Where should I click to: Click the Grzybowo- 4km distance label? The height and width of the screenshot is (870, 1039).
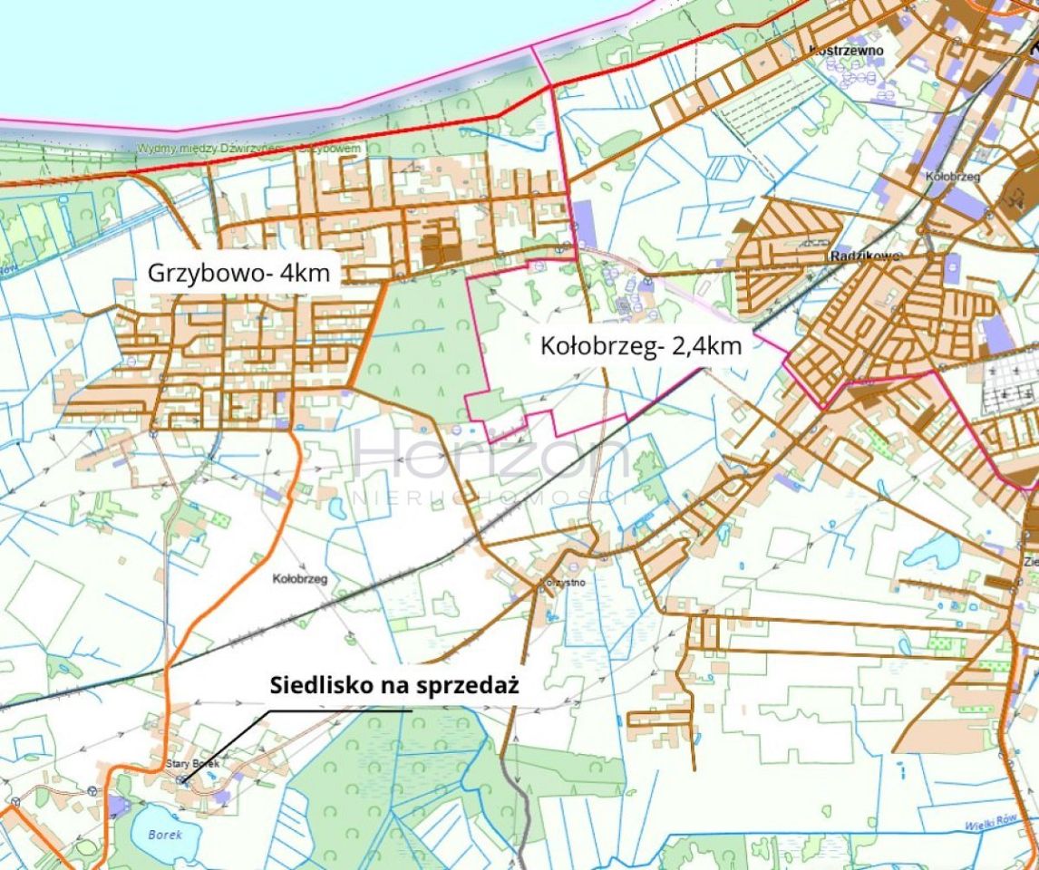click(x=239, y=272)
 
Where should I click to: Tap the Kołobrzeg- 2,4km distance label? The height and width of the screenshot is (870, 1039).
click(x=641, y=345)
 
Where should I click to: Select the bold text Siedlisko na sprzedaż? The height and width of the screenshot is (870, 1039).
click(x=393, y=686)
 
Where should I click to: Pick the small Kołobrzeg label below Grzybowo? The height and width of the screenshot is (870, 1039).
click(x=299, y=576)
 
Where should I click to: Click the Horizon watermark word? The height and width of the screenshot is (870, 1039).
click(x=490, y=458)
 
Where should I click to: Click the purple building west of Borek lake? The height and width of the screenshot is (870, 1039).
click(x=119, y=806)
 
